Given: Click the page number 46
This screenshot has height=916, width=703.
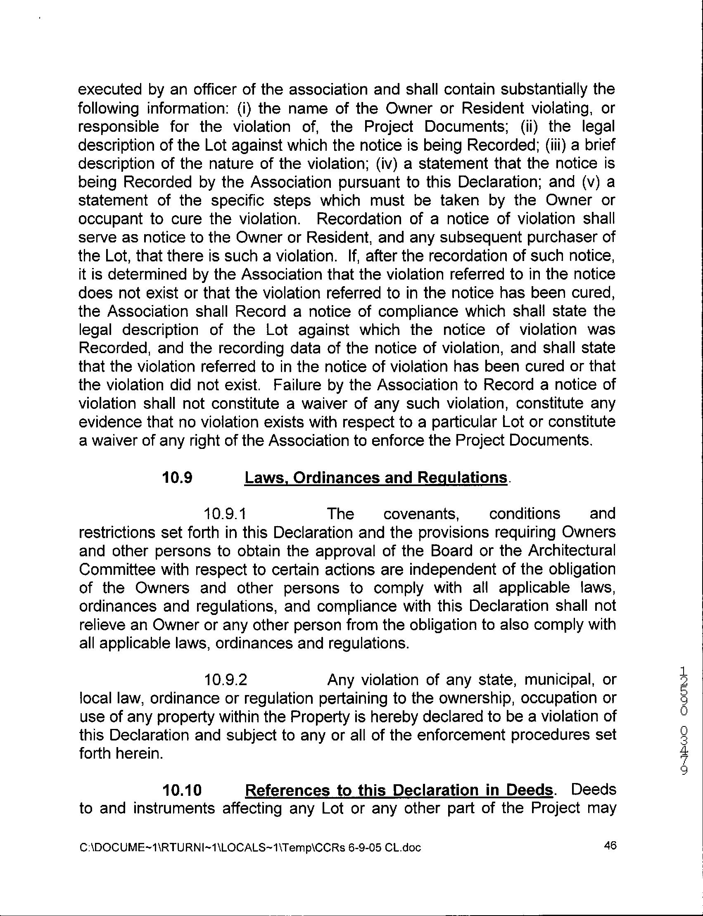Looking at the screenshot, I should coord(610,846).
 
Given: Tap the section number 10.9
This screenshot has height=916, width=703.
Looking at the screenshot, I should coord(177,477).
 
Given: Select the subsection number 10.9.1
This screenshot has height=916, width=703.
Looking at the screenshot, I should coord(225,514).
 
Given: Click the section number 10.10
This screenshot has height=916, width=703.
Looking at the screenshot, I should coord(183,790).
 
